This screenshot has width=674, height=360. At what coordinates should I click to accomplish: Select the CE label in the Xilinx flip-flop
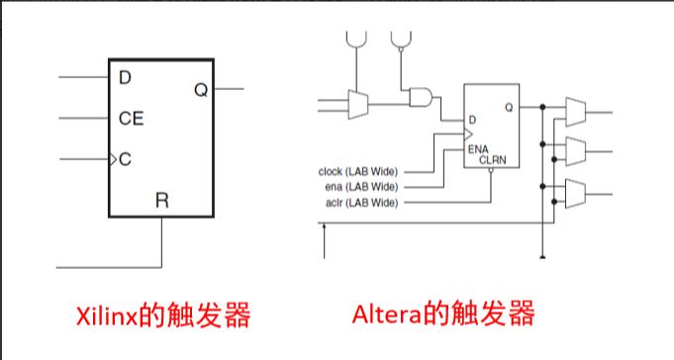pyautogui.click(x=131, y=119)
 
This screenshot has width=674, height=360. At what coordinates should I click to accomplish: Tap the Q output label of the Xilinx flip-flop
pyautogui.click(x=201, y=90)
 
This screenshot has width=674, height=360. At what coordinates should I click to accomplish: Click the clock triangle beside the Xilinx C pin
pyautogui.click(x=113, y=158)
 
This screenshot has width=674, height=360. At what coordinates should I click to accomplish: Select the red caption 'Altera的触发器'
pyautogui.click(x=443, y=315)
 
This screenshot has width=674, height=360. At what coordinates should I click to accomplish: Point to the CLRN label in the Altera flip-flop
pyautogui.click(x=493, y=158)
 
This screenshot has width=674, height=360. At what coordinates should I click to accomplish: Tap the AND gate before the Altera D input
pyautogui.click(x=421, y=97)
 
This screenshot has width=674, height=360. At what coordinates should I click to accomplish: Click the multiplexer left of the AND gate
pyautogui.click(x=357, y=102)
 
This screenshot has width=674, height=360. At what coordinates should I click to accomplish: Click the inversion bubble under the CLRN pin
pyautogui.click(x=492, y=170)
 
